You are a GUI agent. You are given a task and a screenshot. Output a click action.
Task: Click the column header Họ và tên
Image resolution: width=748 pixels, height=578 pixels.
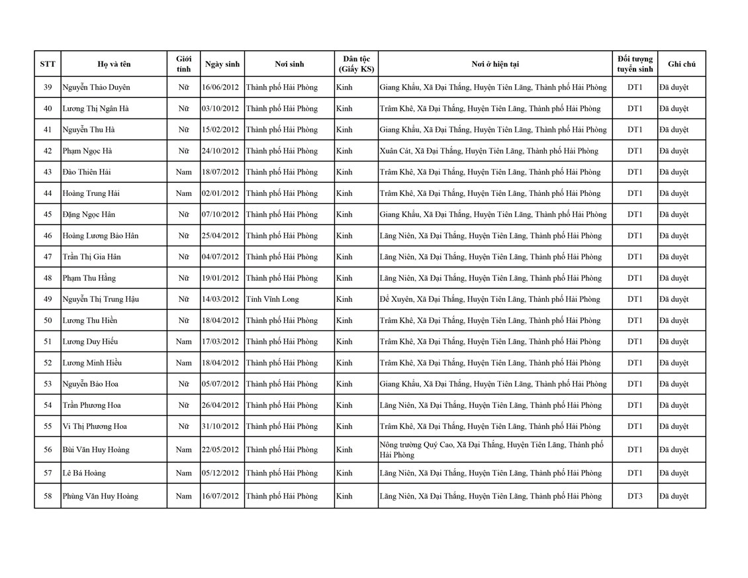pos(114,64)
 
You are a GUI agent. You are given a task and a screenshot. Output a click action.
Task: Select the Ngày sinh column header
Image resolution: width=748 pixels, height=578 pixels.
pos(222,64)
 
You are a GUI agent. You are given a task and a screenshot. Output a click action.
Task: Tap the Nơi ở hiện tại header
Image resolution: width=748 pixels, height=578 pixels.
pos(495,64)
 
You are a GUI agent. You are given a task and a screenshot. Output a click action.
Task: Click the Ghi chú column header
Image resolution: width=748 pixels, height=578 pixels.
pos(682,64)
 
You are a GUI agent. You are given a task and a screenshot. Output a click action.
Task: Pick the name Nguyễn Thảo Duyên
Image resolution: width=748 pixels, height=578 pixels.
pos(96,87)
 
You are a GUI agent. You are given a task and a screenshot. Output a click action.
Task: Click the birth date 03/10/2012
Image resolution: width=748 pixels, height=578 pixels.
pos(220,109)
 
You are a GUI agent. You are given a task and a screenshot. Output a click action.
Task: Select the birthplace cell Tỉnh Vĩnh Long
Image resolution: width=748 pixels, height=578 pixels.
pos(272,299)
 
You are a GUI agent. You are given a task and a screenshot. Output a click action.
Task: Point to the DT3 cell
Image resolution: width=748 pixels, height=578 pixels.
pos(635,496)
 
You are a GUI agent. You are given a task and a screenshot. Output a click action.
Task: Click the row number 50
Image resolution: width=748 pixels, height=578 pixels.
pos(48,320)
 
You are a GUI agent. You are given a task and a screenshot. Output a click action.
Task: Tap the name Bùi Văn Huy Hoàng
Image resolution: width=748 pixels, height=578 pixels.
pos(95,450)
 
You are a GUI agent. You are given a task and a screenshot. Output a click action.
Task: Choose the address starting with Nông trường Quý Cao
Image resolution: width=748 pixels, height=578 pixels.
pos(491,450)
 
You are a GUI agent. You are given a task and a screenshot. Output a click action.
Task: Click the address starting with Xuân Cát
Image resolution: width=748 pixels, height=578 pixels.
pos(489,151)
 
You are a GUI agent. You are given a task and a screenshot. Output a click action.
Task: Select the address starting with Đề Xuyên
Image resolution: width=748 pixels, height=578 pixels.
pos(490,299)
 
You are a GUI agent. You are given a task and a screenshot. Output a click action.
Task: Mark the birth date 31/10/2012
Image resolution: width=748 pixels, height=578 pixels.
pos(220,426)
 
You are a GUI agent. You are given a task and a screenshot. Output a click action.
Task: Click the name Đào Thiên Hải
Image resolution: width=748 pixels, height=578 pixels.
pos(87,172)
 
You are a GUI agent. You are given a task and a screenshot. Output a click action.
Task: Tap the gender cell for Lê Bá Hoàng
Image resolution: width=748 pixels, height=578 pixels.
pos(183,473)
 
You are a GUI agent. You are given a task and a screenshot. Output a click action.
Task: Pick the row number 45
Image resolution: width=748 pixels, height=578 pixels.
pos(48,215)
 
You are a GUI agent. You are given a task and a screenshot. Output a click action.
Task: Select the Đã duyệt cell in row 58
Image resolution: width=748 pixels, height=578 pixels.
pos(674,496)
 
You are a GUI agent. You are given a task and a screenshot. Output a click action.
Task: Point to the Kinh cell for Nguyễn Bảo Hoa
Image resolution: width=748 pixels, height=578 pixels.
pos(344,384)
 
